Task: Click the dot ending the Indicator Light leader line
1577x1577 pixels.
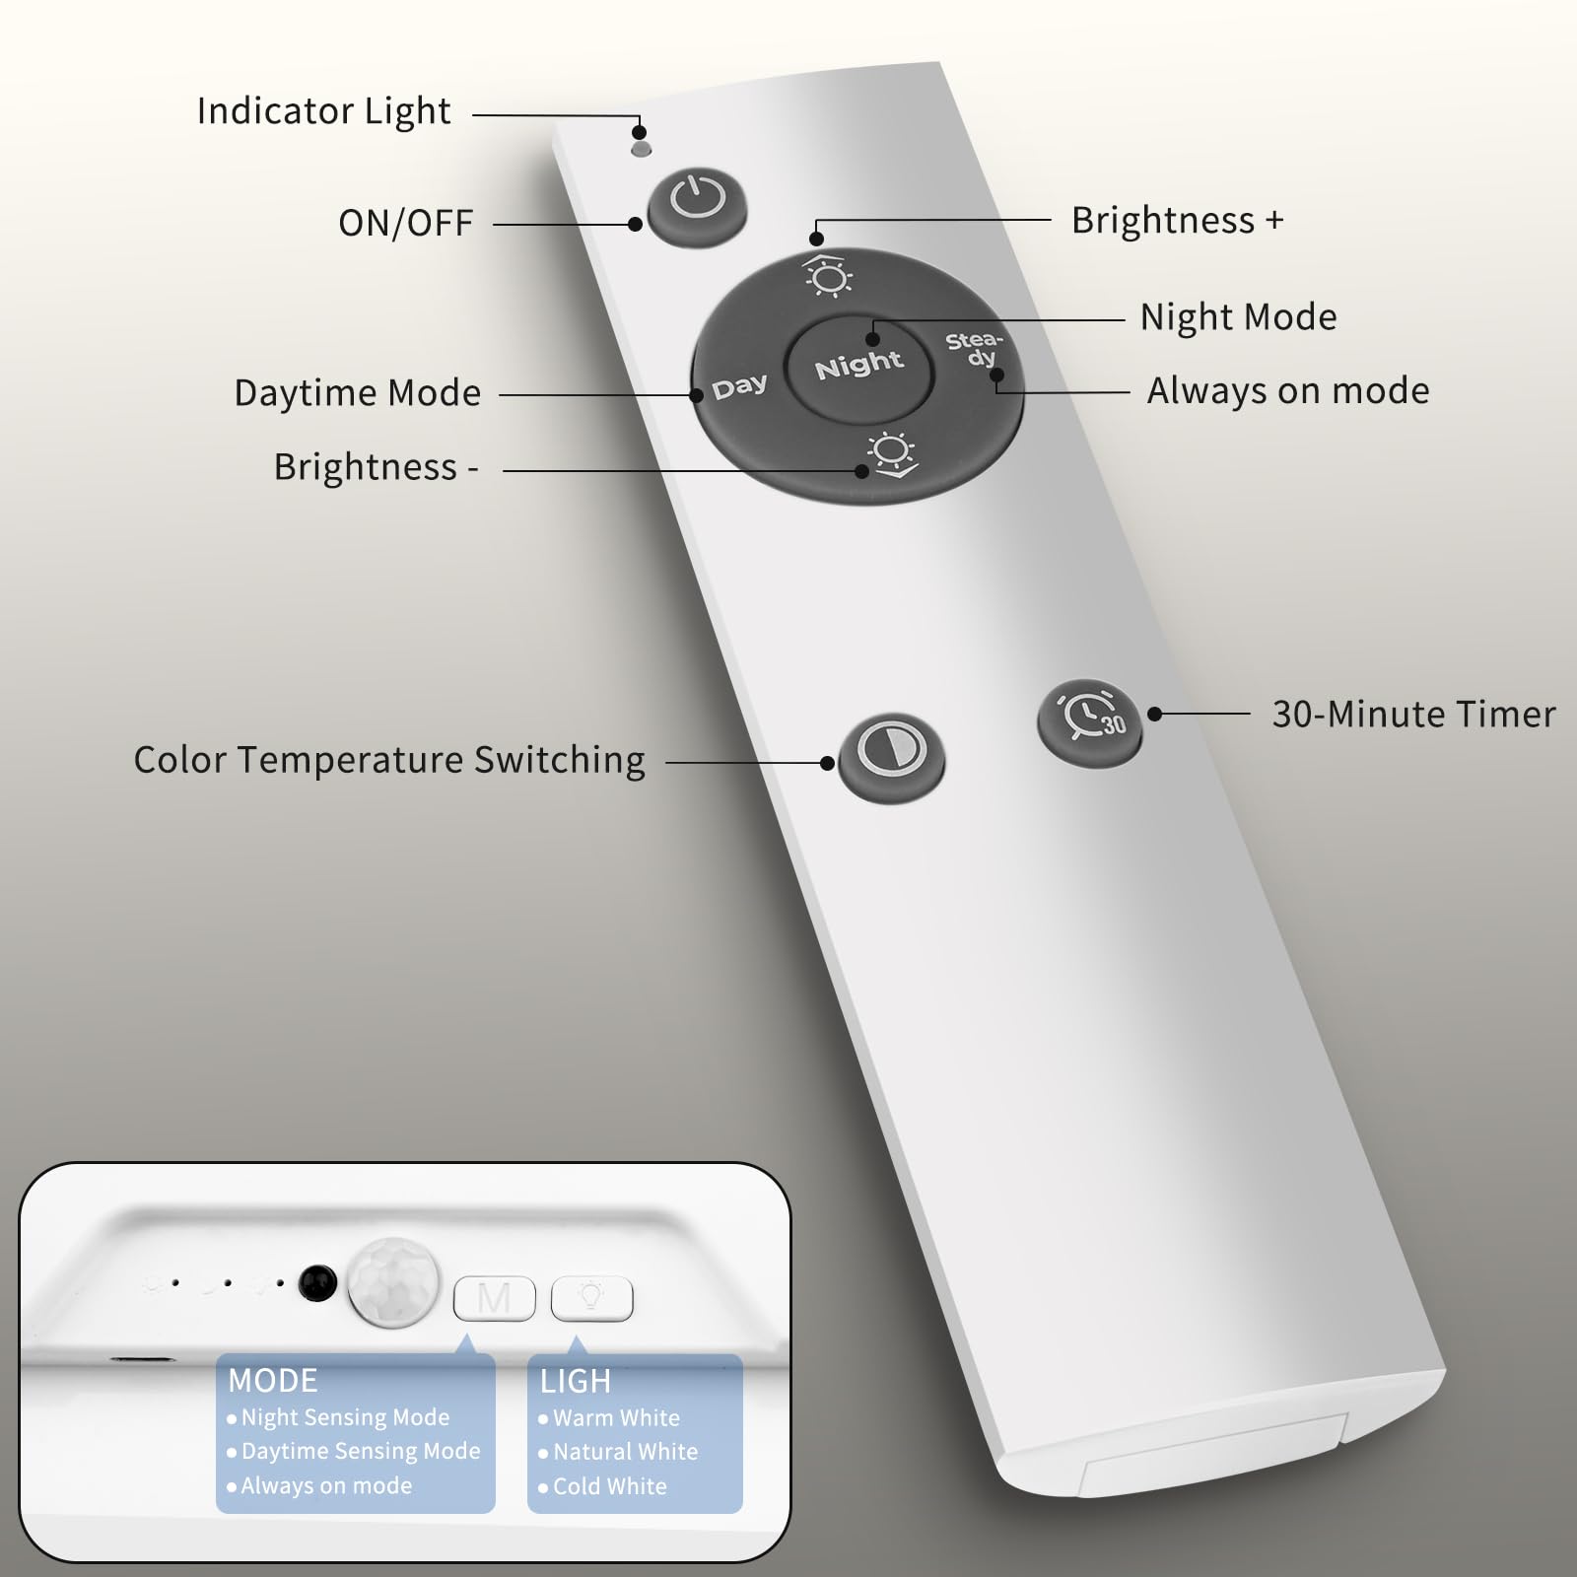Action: [639, 131]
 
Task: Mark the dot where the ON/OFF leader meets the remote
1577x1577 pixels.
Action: [635, 225]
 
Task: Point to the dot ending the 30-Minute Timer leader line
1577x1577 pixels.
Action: [1154, 714]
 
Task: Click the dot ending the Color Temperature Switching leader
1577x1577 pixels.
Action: [827, 763]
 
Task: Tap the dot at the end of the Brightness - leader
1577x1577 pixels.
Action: [861, 471]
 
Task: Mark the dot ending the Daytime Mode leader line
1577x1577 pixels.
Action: [696, 395]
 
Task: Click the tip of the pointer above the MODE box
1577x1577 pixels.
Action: [465, 1337]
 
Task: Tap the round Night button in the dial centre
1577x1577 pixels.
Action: [859, 366]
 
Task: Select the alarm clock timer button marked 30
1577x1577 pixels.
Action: [1089, 718]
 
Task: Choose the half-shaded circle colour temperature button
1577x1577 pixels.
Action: [891, 758]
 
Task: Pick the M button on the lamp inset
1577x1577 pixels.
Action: [494, 1299]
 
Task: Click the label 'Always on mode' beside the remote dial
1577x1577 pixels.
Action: [1288, 391]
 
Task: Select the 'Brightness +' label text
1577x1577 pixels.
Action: [1178, 220]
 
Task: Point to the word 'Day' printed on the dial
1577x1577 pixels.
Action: [739, 386]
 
